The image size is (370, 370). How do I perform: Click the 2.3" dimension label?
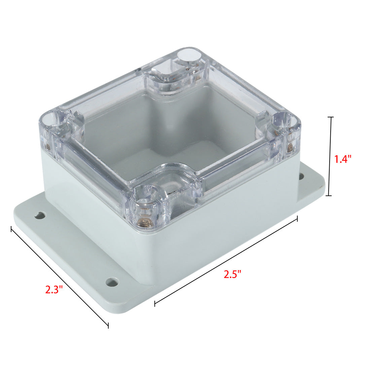click(54, 289)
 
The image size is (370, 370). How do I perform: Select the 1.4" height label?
click(343, 159)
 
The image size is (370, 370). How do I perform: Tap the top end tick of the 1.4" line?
click(331, 117)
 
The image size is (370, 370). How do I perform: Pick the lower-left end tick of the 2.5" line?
click(155, 304)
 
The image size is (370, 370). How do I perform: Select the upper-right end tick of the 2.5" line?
click(297, 219)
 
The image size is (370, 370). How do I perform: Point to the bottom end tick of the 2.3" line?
click(108, 326)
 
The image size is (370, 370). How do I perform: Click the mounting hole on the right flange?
click(301, 176)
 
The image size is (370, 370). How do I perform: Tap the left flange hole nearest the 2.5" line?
click(112, 281)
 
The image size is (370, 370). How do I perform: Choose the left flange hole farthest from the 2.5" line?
click(40, 215)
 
